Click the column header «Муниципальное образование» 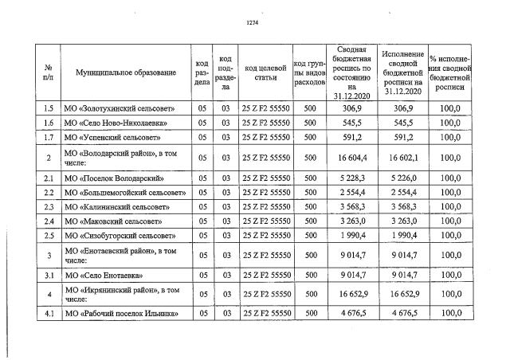[126, 72]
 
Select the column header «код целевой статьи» [265, 72]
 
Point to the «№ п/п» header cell [48, 72]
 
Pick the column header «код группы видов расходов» [309, 72]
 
